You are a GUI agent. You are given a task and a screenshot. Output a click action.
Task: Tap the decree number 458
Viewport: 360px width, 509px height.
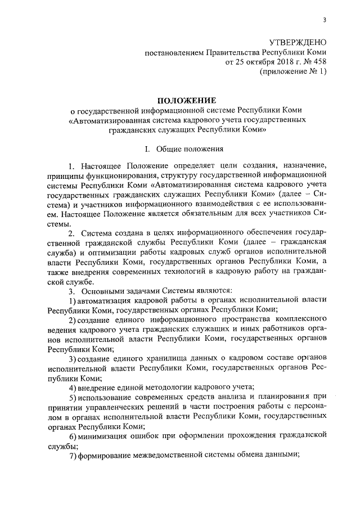coord(318,62)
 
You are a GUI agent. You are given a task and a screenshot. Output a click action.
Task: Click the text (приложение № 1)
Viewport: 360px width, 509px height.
coord(292,72)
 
